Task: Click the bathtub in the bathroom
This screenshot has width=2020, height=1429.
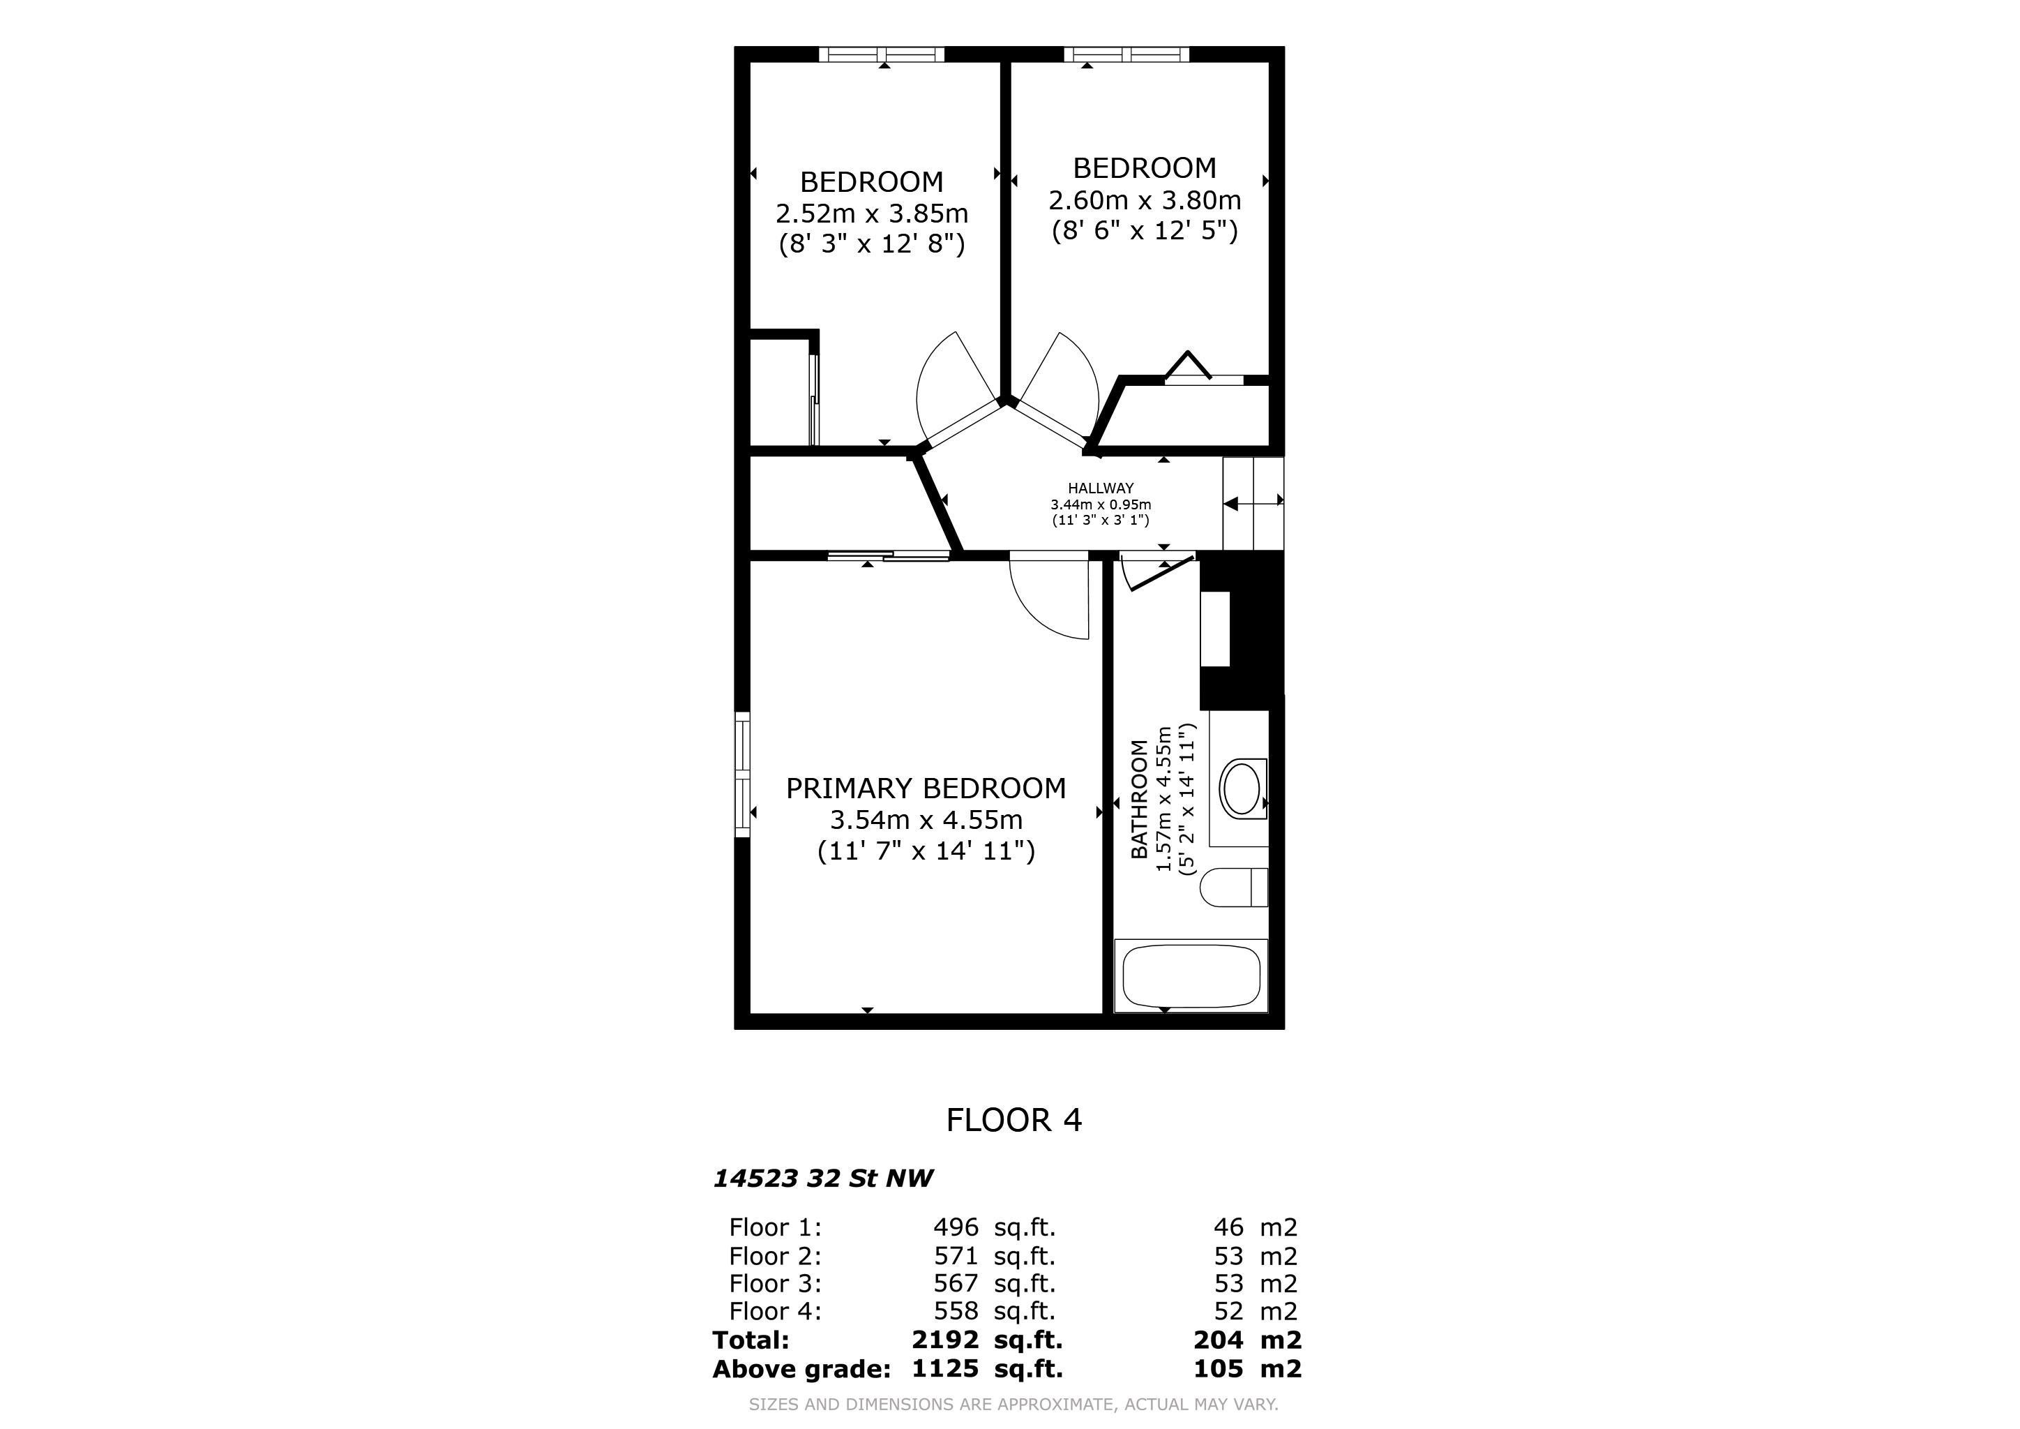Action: [1191, 976]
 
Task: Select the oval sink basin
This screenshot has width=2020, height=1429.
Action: [1242, 788]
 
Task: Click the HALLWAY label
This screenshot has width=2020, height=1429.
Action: [1101, 488]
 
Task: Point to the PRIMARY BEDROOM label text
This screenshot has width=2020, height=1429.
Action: [926, 788]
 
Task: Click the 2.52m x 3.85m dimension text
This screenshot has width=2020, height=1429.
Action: [871, 213]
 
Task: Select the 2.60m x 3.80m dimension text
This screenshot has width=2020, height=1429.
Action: [1145, 200]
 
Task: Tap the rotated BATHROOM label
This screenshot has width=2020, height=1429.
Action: [1139, 799]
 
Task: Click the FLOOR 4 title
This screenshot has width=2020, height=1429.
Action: [1013, 1119]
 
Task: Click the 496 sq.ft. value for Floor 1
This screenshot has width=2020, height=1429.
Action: [994, 1227]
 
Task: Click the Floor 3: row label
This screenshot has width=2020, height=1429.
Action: [775, 1283]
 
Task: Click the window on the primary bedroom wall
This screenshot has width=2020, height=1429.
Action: [743, 775]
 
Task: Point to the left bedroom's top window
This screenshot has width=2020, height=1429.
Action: [882, 54]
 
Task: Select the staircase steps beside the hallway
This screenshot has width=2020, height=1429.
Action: [1253, 502]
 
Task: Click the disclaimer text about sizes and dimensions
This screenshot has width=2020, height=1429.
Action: [1013, 1405]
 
